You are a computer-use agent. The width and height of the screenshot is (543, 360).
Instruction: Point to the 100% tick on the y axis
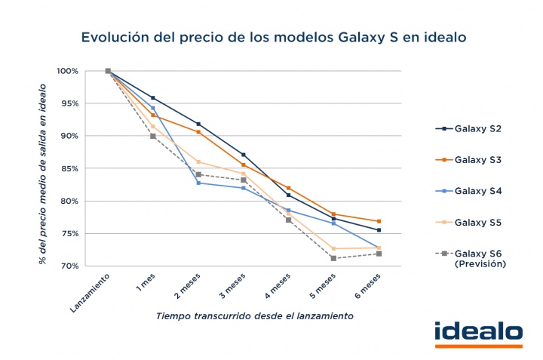pos(68,71)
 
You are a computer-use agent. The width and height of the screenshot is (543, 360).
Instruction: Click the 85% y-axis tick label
pos(70,168)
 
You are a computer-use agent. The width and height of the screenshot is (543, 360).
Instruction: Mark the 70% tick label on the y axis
pos(70,266)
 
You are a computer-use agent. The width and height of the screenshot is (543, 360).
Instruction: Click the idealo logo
pos(478,333)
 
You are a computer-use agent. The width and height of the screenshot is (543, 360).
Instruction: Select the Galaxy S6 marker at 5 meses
pos(333,258)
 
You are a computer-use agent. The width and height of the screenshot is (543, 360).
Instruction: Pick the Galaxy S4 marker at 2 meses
pos(198,183)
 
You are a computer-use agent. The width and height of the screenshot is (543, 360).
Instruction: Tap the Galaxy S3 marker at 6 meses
pos(379,221)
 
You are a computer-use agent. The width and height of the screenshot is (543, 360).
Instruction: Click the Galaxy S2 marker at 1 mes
pos(153,98)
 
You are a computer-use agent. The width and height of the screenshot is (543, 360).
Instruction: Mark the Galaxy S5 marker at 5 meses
pos(333,248)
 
